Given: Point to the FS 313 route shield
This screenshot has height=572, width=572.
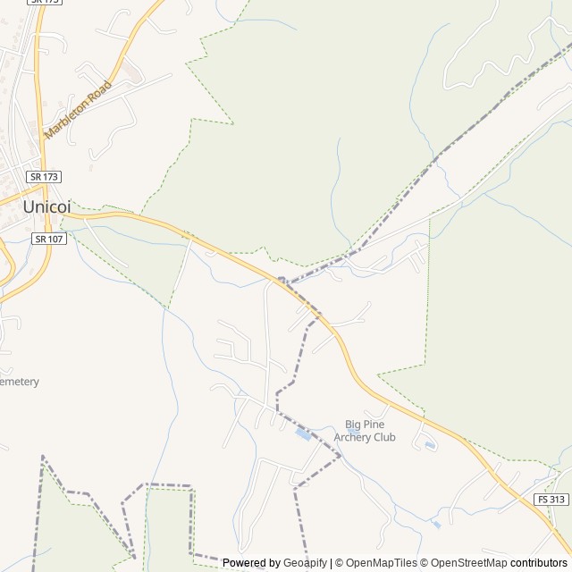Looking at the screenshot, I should pyautogui.click(x=551, y=499).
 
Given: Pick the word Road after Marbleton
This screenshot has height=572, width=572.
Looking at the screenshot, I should pyautogui.click(x=101, y=90).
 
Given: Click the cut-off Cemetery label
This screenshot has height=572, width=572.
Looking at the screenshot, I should pyautogui.click(x=18, y=382).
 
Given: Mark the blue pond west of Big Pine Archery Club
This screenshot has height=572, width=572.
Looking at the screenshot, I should pyautogui.click(x=304, y=435).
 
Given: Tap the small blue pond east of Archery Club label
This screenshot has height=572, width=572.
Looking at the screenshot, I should pyautogui.click(x=431, y=444).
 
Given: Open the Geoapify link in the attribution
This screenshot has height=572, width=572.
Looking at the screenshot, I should pyautogui.click(x=305, y=563).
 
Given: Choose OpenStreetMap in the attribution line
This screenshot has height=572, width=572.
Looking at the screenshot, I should pyautogui.click(x=466, y=563).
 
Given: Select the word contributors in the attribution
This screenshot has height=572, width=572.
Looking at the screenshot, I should pyautogui.click(x=539, y=563).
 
